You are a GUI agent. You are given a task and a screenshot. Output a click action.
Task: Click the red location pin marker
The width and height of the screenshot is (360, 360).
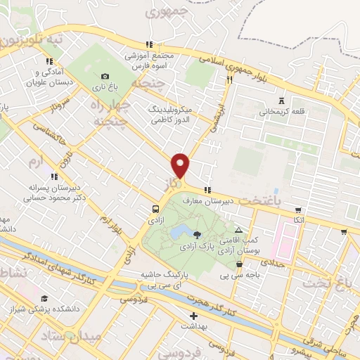point(181,166)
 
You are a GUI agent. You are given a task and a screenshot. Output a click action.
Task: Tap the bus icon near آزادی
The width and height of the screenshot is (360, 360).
point(155,209)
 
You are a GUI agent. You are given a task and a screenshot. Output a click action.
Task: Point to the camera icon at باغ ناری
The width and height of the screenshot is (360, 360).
point(105,77)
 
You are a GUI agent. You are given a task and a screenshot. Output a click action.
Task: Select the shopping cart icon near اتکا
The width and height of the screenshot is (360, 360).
point(299,210)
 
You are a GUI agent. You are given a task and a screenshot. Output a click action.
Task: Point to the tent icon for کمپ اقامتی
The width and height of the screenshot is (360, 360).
point(238,230)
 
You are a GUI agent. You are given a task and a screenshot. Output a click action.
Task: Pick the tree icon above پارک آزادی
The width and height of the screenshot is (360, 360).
point(197,235)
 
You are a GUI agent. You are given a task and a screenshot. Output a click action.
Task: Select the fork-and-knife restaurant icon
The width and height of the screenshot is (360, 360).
point(229,80)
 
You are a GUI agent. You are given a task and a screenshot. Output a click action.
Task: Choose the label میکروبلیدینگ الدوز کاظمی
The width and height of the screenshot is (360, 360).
point(174,115)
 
